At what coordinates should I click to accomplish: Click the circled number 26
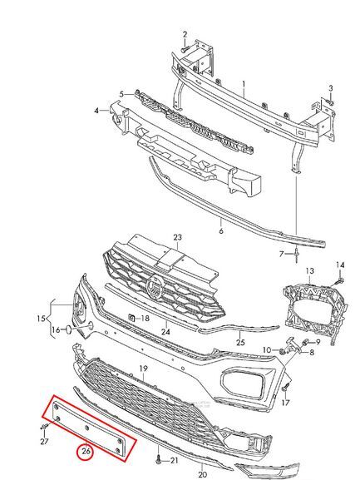pos(86,452)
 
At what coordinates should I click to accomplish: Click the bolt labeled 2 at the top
pos(185,48)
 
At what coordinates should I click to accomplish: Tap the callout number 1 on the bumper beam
pos(244,83)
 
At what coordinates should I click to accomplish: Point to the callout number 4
pos(96,110)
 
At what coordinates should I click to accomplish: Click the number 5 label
pos(121,94)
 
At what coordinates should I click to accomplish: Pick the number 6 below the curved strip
pos(221,230)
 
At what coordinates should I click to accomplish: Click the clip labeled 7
pos(297,255)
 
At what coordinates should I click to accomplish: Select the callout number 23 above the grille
pos(177,237)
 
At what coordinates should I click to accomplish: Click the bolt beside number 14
pos(340,280)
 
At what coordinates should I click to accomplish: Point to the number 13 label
pos(309,270)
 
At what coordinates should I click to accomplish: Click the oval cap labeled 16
pos(68,329)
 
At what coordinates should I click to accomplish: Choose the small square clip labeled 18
pos(131,318)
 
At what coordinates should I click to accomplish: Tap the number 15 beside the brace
pos(41,319)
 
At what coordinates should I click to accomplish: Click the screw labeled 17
pos(286,387)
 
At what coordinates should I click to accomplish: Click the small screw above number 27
pos(45,426)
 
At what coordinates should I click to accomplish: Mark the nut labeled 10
pos(283,351)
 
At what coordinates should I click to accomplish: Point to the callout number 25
pos(241,342)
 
